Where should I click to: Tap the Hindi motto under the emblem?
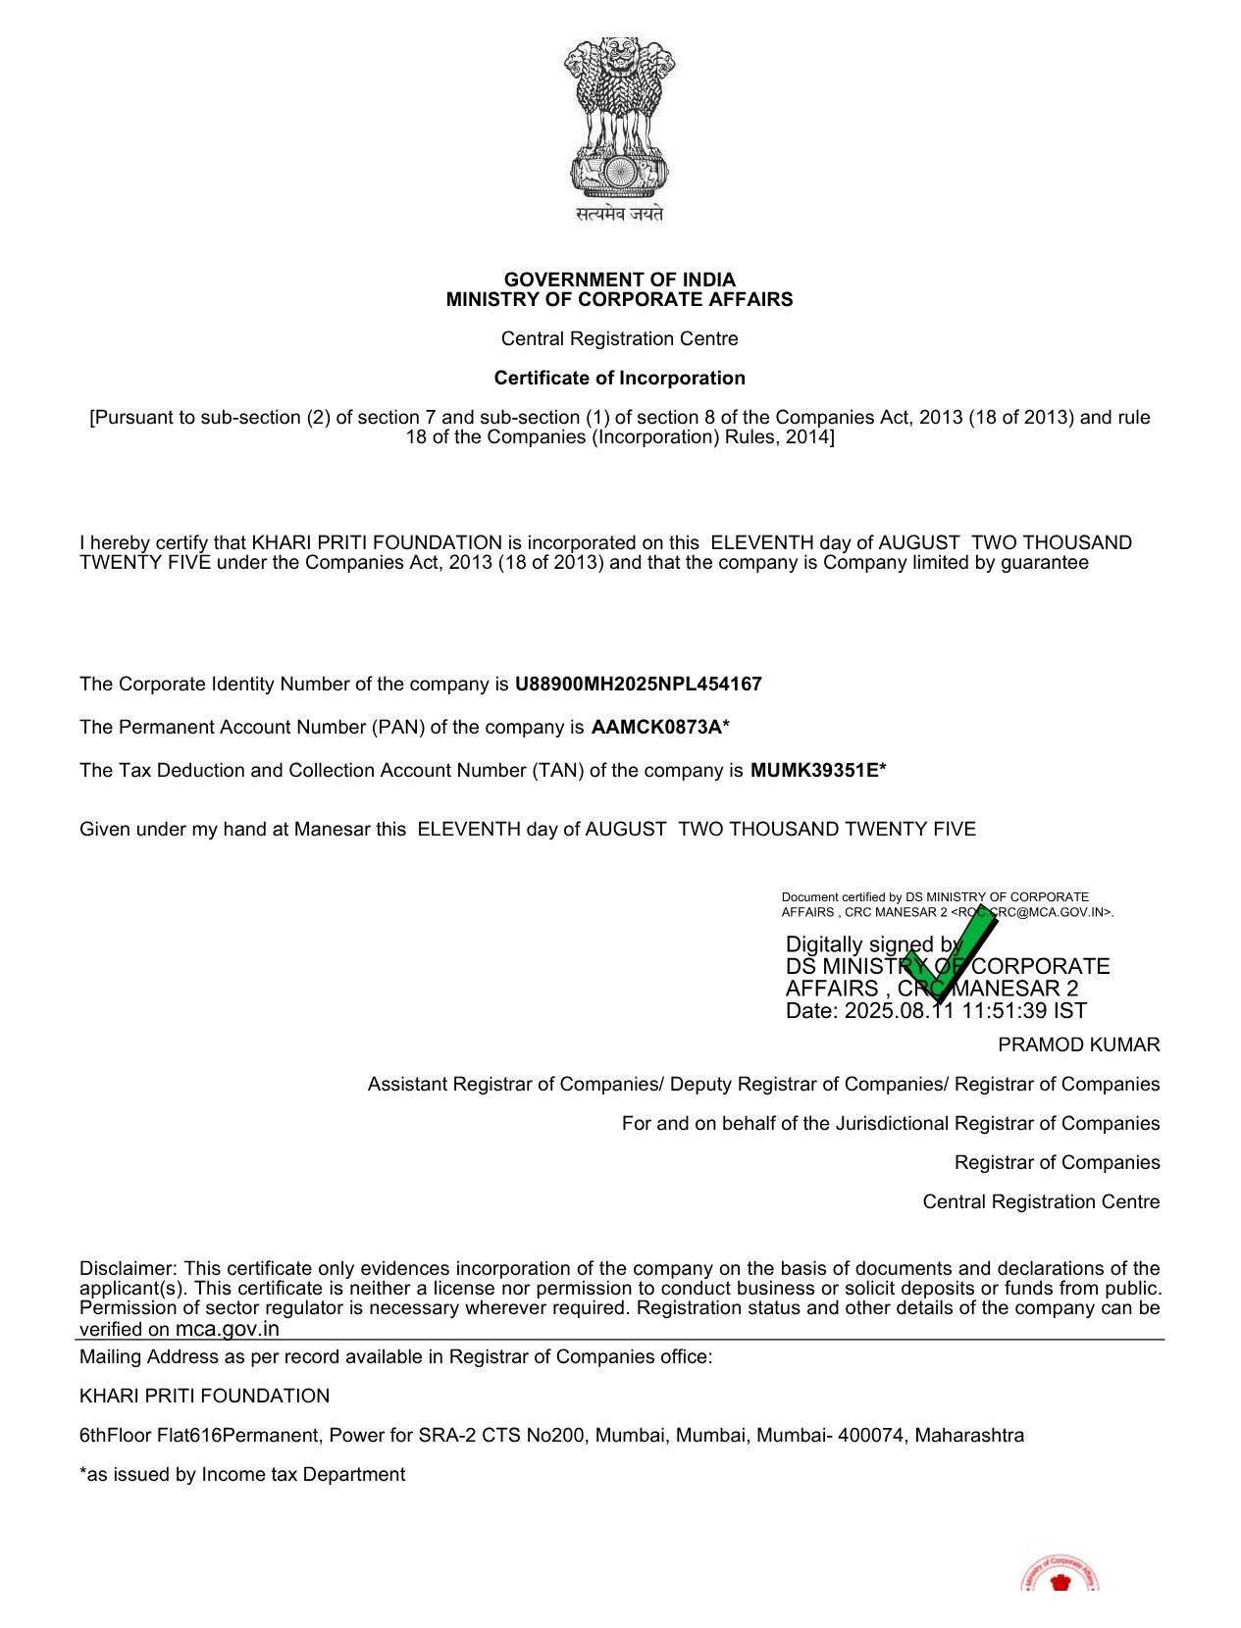click(x=619, y=213)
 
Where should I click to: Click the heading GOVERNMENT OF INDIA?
click(x=619, y=280)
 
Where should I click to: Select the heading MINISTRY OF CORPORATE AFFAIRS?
click(x=619, y=299)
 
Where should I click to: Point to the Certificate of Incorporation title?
click(x=619, y=378)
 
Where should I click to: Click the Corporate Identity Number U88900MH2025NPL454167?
click(x=638, y=684)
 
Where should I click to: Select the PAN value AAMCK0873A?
click(x=656, y=727)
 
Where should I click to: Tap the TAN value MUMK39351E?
click(x=813, y=770)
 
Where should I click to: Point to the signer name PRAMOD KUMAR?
click(x=1078, y=1044)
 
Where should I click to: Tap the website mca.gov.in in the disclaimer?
click(x=228, y=1329)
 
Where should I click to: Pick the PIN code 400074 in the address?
click(x=871, y=1435)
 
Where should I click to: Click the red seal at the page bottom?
click(x=1060, y=1575)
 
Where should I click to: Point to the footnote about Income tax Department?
click(x=242, y=1474)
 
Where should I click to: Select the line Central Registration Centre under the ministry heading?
click(x=619, y=338)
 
